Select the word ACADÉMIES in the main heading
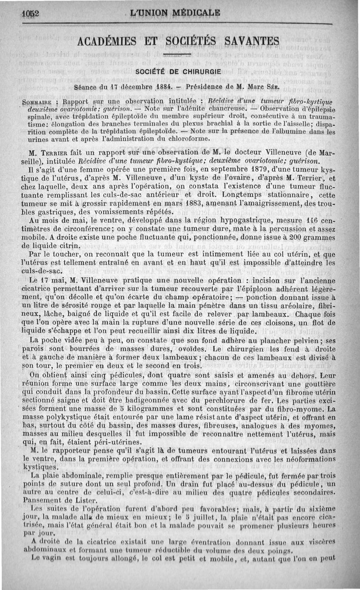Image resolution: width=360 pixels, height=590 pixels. pyautogui.click(x=108, y=43)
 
